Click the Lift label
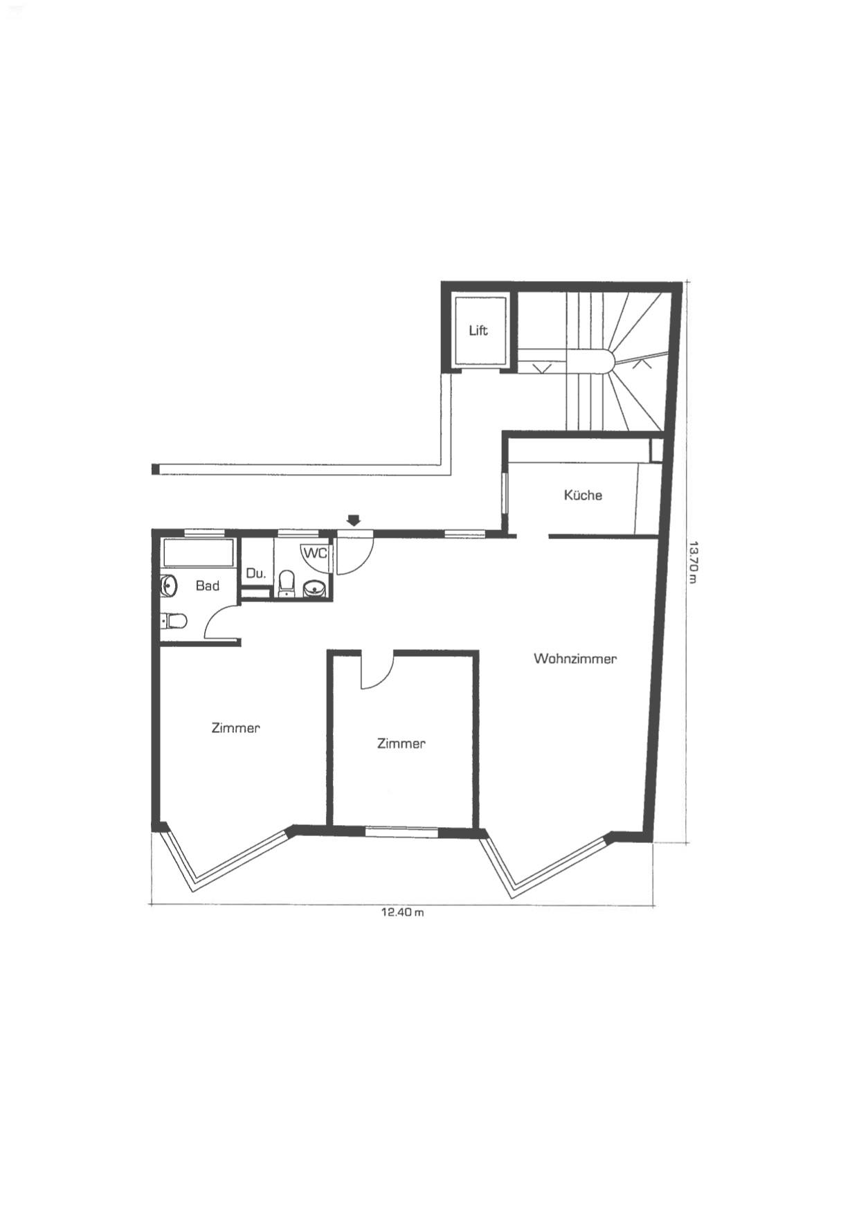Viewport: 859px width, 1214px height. pyautogui.click(x=478, y=330)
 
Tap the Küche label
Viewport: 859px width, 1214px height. pyautogui.click(x=583, y=495)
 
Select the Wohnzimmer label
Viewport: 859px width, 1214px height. pyautogui.click(x=575, y=658)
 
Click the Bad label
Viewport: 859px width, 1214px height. pyautogui.click(x=207, y=586)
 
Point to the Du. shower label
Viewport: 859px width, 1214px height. pyautogui.click(x=256, y=573)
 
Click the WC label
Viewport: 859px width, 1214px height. pyautogui.click(x=314, y=553)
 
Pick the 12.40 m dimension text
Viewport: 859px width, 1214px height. pyautogui.click(x=402, y=912)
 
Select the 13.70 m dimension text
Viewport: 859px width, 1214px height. pyautogui.click(x=693, y=561)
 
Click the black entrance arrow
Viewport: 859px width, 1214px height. pyautogui.click(x=354, y=520)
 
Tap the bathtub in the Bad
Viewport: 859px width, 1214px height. pyautogui.click(x=199, y=553)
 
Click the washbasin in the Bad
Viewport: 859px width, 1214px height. pyautogui.click(x=168, y=586)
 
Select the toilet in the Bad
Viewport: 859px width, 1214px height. pyautogui.click(x=174, y=622)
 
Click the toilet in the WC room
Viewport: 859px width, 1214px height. pyautogui.click(x=287, y=583)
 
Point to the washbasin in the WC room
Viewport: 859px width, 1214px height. pyautogui.click(x=315, y=588)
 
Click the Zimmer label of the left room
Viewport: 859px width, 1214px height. pyautogui.click(x=235, y=727)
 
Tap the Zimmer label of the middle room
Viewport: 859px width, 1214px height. pyautogui.click(x=401, y=743)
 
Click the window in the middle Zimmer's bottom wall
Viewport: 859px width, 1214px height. pyautogui.click(x=401, y=831)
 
